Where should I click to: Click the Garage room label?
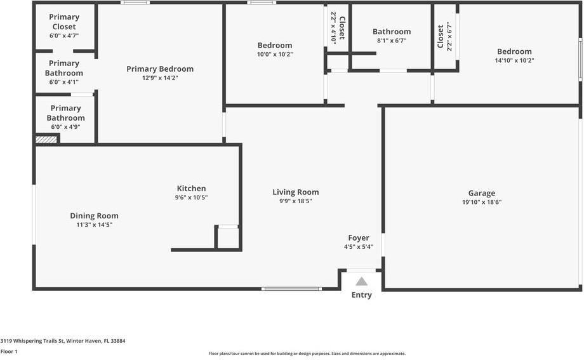point(482,194)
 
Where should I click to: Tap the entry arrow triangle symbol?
point(361,281)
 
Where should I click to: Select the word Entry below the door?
point(361,295)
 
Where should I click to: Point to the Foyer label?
point(359,238)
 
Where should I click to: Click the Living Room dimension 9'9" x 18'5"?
point(296,201)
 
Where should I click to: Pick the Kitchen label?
point(191,189)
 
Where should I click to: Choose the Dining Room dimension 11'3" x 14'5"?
point(94,225)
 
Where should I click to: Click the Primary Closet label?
point(63,22)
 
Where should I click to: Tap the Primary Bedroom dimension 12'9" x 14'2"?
point(160,79)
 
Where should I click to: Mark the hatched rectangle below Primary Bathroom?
point(46,139)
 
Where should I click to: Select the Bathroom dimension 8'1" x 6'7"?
point(392,41)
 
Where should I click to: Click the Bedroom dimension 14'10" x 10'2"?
point(514,61)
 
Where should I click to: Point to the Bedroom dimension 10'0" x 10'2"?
point(275,55)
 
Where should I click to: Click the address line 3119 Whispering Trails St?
point(63,341)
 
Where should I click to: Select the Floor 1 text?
point(9,351)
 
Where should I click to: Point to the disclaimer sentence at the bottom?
point(307,354)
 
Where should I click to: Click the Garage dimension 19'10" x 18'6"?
point(482,203)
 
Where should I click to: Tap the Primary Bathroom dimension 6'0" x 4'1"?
point(64,82)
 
